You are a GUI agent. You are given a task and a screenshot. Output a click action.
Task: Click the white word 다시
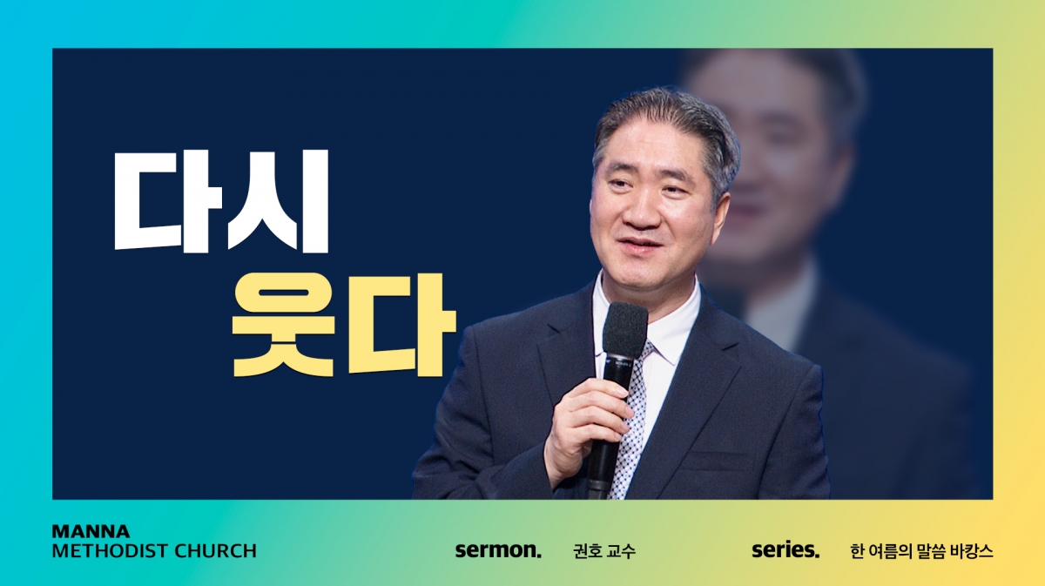(x=222, y=201)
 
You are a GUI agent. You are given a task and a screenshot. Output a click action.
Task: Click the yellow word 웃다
(x=344, y=325)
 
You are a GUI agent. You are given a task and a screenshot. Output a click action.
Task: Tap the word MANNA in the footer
(x=91, y=531)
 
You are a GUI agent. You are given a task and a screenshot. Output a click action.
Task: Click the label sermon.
(x=498, y=550)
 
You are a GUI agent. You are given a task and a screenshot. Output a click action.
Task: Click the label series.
(x=785, y=550)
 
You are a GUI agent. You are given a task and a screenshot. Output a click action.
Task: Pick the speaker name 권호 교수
(x=604, y=551)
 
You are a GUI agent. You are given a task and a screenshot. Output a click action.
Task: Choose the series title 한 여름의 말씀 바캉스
(x=921, y=551)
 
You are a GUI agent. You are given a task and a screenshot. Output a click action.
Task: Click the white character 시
(x=279, y=201)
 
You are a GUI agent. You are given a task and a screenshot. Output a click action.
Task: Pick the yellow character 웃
(x=284, y=325)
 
